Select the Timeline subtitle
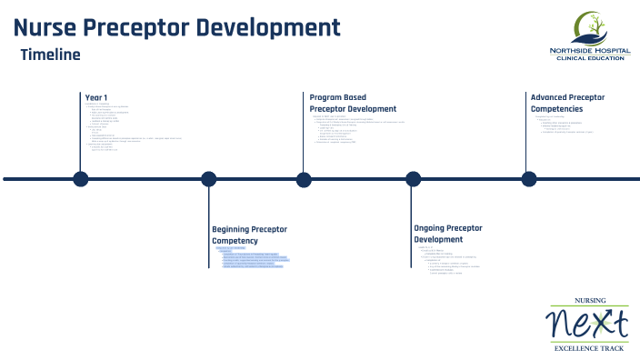click(50, 55)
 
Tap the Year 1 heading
click(96, 97)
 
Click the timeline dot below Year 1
click(81, 179)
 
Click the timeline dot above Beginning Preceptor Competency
click(208, 179)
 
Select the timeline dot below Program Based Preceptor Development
click(304, 179)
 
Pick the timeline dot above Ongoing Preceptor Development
click(413, 179)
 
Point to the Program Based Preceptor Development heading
click(353, 102)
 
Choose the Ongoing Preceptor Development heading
click(451, 234)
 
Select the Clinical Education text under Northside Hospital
click(588, 58)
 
